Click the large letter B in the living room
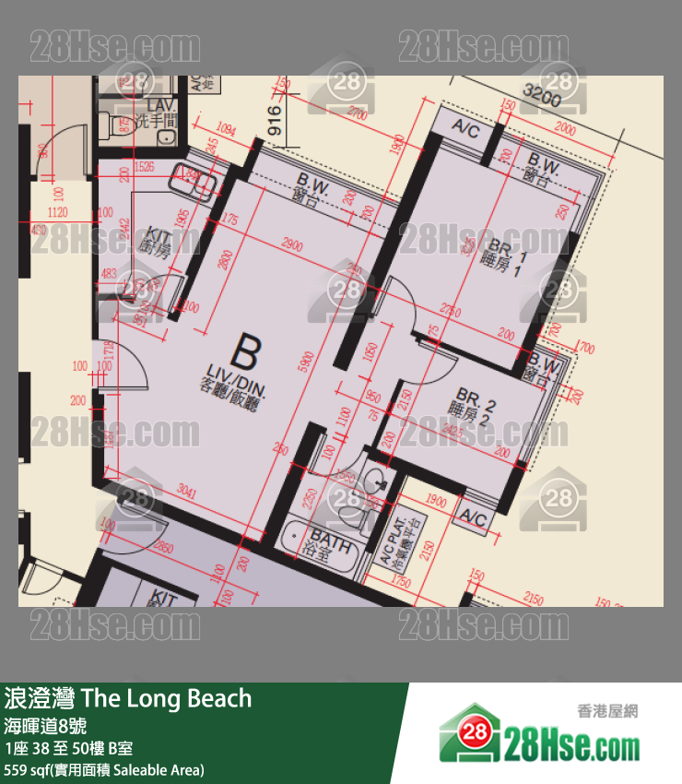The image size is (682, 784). point(244,350)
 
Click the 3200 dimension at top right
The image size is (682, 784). point(541,91)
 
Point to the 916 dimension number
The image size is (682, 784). point(273,121)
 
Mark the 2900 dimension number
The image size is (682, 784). point(291,245)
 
